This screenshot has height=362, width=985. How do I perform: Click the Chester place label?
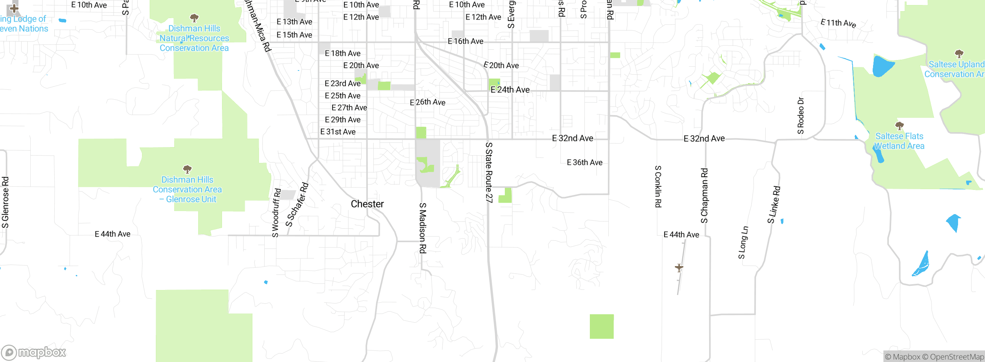coord(367,204)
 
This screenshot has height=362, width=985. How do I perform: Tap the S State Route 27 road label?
coord(489,172)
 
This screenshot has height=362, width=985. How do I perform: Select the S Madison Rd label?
coord(422,228)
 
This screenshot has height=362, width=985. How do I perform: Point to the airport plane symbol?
coord(679,267)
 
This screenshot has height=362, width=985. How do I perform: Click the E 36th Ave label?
coord(584,163)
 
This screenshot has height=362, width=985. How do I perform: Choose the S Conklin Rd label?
coord(658,186)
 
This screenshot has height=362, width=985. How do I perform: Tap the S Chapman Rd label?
coord(704,196)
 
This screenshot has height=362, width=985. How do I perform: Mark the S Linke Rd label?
coord(774,204)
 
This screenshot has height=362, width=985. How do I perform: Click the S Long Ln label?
coord(743,242)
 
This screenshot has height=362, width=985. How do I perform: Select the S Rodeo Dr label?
coord(801,116)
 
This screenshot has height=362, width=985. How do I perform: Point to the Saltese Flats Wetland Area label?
coord(899,141)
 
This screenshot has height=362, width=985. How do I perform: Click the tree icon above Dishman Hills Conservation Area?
coord(187,169)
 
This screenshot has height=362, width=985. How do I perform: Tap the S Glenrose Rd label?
coord(5,202)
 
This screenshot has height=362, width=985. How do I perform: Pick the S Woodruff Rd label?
coord(276,213)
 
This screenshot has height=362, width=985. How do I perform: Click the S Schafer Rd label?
coord(297,204)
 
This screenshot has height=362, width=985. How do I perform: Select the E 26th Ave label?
coord(427,102)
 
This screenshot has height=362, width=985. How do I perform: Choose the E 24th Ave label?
coord(510,90)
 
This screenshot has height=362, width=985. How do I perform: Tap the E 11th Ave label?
coord(838,23)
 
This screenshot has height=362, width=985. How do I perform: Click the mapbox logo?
coord(34,352)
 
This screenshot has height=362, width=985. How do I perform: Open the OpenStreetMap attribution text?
coord(953,357)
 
